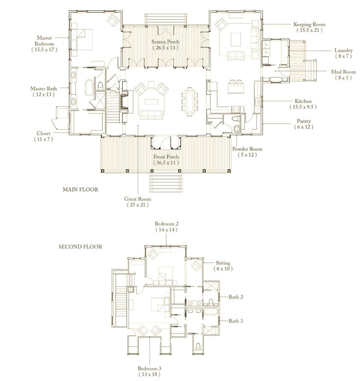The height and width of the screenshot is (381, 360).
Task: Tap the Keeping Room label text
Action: coord(309,24)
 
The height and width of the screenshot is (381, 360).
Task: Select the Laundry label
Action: coord(344,50)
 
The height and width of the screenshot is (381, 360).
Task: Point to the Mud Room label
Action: coord(342,72)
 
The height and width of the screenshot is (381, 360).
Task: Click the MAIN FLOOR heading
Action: coord(81,189)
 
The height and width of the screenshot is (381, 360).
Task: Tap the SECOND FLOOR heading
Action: coord(80,247)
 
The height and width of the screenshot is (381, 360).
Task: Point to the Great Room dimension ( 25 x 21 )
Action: coord(138,206)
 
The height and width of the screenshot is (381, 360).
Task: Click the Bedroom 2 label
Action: coord(167,223)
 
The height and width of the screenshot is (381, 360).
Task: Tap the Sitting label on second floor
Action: coord(223,263)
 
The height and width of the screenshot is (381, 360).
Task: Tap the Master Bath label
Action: coord(44,89)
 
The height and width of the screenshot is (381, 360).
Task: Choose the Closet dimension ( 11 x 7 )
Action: coord(43,139)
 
